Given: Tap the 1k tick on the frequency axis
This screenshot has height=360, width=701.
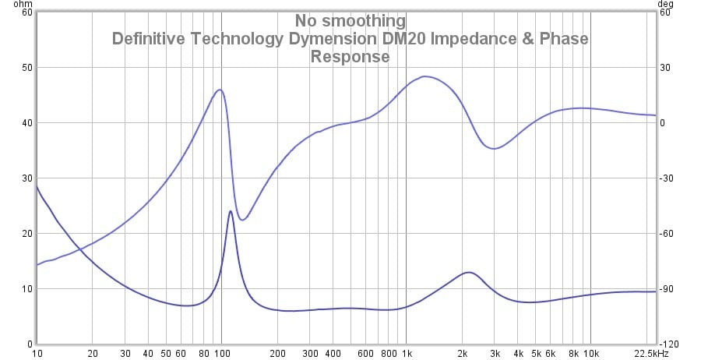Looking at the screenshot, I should [406, 353].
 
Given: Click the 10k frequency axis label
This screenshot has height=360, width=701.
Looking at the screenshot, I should [590, 353].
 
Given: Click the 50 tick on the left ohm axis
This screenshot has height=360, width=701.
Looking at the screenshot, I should [27, 68].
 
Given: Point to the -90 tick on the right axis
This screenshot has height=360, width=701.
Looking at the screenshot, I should [666, 289].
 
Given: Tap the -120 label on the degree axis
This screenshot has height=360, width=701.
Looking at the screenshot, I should [668, 344].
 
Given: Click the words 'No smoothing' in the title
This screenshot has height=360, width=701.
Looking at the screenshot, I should [350, 21].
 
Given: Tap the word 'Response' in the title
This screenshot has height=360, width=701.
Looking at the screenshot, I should [350, 57].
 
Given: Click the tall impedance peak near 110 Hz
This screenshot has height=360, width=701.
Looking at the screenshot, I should [231, 211].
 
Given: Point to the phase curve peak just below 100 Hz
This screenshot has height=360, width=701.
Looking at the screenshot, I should [220, 90].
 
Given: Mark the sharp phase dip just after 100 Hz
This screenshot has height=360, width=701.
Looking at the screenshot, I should [242, 220].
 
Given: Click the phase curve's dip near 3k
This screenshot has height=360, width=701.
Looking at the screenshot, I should [494, 148].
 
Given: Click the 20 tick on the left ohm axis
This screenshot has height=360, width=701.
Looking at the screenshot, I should [27, 234].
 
